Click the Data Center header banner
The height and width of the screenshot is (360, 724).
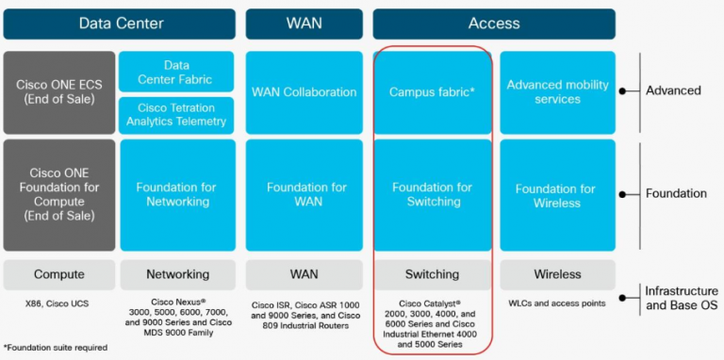[120, 24]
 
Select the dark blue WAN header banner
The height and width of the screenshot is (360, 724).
[304, 24]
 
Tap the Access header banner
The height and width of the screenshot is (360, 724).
[494, 24]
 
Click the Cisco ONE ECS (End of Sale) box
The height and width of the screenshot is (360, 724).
[59, 92]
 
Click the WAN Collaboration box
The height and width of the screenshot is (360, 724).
[304, 92]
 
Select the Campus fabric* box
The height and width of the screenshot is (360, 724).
[433, 92]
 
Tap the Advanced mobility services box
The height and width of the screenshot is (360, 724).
[557, 92]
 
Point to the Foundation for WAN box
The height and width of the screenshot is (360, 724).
[304, 195]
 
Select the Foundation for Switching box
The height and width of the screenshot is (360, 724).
[433, 195]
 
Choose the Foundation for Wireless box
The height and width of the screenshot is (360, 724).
[557, 195]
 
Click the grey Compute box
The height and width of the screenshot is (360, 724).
[59, 274]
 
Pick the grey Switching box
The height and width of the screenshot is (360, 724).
[433, 274]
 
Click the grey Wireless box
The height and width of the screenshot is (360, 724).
[557, 274]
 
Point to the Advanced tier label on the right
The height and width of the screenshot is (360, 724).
[673, 90]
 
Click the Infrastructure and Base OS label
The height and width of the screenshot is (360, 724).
[681, 297]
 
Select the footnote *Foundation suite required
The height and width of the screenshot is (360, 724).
[55, 348]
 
